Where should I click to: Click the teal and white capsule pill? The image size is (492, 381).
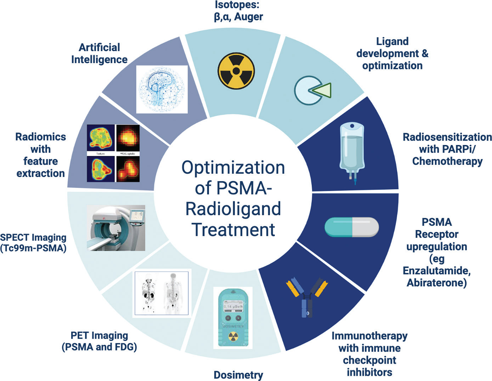[351, 227]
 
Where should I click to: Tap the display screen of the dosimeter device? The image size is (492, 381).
[233, 306]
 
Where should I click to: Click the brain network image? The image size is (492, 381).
[162, 89]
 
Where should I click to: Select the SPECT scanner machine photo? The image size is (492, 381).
[116, 228]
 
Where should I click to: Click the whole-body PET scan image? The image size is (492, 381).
[162, 292]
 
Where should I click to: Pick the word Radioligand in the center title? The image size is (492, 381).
[233, 209]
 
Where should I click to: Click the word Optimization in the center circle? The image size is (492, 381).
[233, 168]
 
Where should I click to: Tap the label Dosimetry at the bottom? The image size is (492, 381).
[238, 375]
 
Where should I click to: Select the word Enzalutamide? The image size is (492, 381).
[436, 271]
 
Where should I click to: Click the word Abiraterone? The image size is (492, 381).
[436, 283]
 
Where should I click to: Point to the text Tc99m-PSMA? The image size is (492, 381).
[33, 248]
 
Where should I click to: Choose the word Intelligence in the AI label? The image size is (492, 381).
[99, 60]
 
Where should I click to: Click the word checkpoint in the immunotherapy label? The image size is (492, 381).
[369, 360]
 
